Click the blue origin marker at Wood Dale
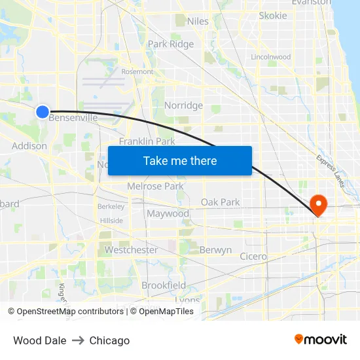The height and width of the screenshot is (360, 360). point(42,112)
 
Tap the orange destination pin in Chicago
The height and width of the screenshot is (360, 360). point(319,204)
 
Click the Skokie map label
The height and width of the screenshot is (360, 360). point(272,16)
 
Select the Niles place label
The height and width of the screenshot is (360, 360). point(198,22)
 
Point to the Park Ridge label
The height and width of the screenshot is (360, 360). point(171,45)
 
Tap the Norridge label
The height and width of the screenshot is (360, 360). point(183,105)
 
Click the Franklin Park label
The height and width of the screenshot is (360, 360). point(147,141)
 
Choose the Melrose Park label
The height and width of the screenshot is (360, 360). point(155,187)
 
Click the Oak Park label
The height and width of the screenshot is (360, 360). point(220,202)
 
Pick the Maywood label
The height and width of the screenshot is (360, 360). point(168,214)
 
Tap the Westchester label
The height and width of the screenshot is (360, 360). point(131,250)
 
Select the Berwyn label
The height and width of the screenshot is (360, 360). point(215,250)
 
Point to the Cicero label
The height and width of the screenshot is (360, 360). point(253,257)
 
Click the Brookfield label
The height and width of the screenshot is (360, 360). point(164,285)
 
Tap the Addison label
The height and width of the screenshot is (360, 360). point(29,146)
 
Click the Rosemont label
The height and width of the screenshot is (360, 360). point(137,72)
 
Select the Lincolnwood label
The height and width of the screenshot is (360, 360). point(271,57)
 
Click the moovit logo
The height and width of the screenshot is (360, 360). point(321,340)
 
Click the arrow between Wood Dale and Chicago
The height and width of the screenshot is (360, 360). point(78,340)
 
